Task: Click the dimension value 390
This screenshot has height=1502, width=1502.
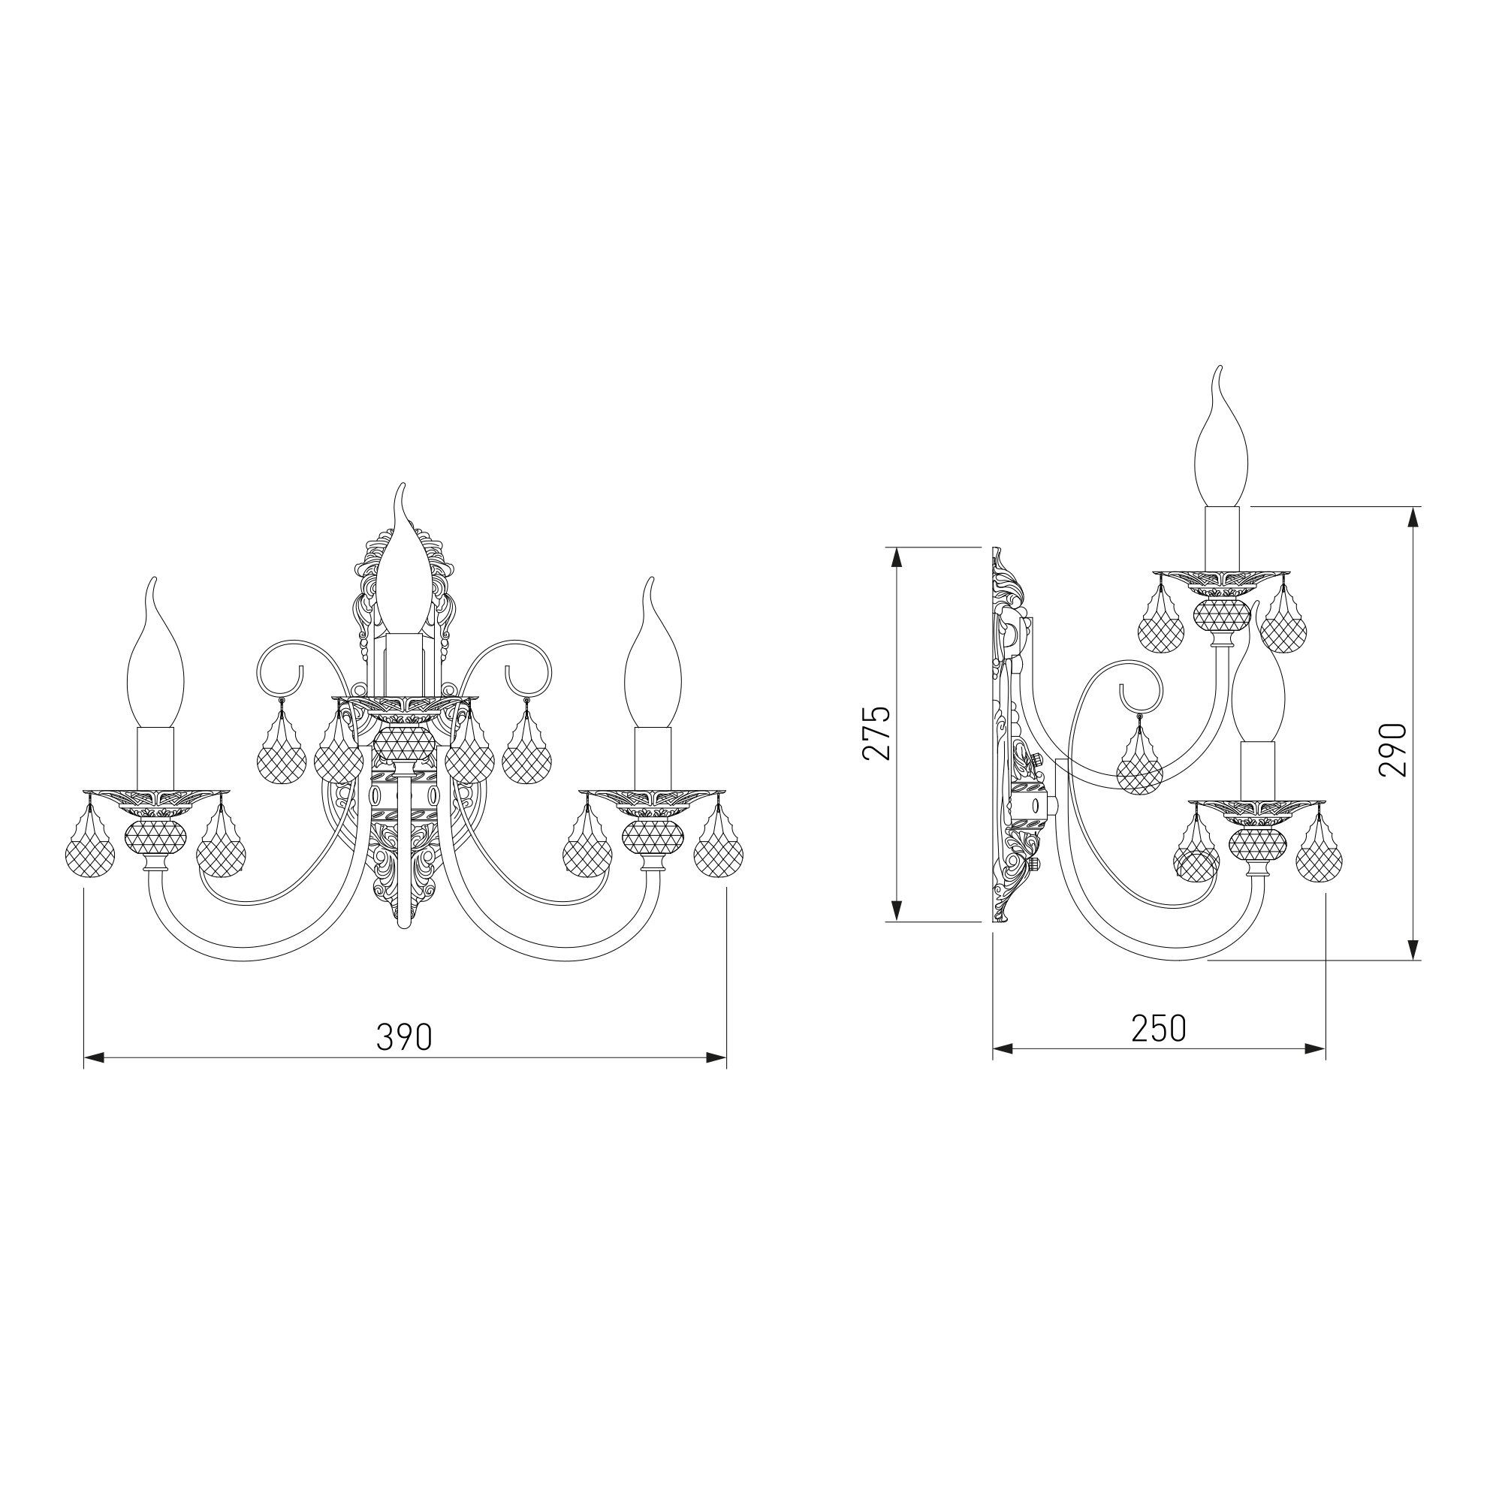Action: coord(404,1036)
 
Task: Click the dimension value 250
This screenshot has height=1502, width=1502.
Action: coord(1159,1029)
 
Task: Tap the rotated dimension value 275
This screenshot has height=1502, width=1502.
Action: coord(876,733)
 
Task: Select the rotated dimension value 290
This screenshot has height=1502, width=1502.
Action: coord(1392,749)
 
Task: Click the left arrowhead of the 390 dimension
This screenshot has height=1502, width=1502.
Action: coord(94,1057)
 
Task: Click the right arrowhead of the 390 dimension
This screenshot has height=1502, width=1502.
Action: coord(716,1057)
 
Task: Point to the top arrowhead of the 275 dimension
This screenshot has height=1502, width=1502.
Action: coord(897,558)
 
